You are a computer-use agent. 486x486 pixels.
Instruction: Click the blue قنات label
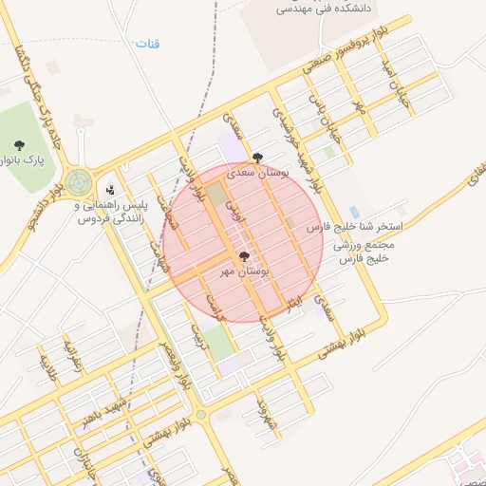(148, 44)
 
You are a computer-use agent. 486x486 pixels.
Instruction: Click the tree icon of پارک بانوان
(19, 145)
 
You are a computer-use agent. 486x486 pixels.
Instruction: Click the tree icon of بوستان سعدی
(257, 159)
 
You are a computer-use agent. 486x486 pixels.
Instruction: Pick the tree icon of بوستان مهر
(244, 257)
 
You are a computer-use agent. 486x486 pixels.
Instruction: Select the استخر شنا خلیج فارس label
(356, 229)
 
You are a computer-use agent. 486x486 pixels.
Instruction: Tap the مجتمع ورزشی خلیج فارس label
(364, 252)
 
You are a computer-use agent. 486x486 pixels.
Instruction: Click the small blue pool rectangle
(354, 212)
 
